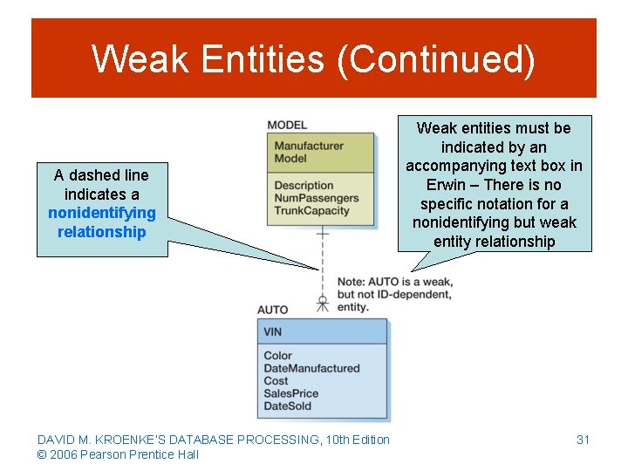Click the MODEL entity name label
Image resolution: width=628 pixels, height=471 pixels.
point(287,126)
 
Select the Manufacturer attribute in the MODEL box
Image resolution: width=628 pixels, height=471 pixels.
point(309,146)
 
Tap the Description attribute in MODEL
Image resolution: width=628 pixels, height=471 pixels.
point(304,185)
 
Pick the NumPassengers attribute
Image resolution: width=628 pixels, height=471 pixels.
point(317,198)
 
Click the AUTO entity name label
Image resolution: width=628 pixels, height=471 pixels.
point(272,310)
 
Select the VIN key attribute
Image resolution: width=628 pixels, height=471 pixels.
point(272,331)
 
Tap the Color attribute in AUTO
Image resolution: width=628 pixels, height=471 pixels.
point(277,356)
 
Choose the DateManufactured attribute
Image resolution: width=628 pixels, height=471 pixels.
point(311,368)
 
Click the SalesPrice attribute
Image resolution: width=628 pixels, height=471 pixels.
point(290,393)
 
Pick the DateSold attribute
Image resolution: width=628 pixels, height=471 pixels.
point(287,406)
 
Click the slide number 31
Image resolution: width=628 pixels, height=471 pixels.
point(583,440)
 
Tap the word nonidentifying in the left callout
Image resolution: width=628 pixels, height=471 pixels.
point(102,213)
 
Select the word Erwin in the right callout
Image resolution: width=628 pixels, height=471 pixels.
point(445,185)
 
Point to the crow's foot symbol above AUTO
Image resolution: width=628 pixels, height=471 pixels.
point(323,303)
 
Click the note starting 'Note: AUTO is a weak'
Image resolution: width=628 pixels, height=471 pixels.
point(394,294)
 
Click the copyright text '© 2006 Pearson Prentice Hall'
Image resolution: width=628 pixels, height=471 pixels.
point(118,454)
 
